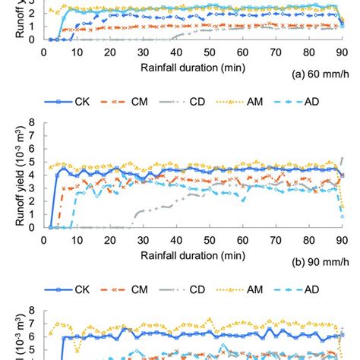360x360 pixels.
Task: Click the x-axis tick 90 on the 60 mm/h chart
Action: (x=342, y=52)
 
